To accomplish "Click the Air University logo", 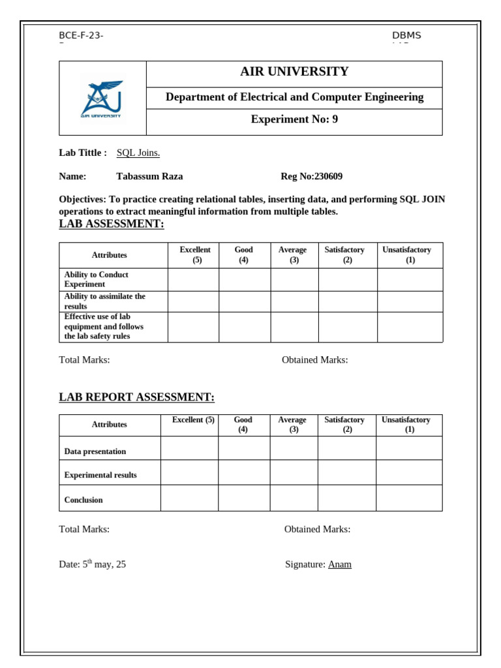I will (x=102, y=99).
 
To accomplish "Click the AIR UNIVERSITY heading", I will (x=294, y=72).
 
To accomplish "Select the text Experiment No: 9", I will (x=294, y=119).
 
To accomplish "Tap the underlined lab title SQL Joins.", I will (x=138, y=153).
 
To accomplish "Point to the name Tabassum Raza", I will (x=149, y=176).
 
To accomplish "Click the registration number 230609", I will (x=328, y=176).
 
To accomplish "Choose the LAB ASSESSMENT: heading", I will (x=112, y=224).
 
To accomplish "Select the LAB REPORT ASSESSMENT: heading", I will (x=136, y=397).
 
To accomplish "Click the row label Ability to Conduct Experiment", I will (x=96, y=279).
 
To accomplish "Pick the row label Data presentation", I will (x=95, y=451).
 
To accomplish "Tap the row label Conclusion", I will (x=83, y=500).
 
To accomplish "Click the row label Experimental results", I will (x=100, y=475).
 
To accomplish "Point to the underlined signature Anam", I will (x=340, y=564).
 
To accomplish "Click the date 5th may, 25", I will (x=93, y=564).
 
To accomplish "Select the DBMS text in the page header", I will (x=406, y=35).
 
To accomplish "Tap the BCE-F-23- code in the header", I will (x=81, y=35).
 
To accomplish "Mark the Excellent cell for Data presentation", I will (x=189, y=448).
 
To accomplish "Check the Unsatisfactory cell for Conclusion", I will (x=409, y=498).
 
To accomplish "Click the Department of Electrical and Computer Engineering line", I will (x=294, y=97).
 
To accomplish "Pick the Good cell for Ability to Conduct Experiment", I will (x=245, y=279).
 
